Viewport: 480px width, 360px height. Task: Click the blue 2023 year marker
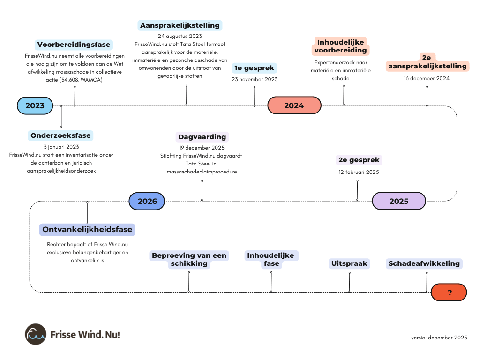[34, 105]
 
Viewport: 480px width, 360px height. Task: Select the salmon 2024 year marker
[294, 105]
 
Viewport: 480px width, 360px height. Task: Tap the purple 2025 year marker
[399, 201]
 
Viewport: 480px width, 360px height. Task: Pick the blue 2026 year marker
[147, 201]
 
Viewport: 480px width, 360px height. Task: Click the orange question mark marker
[449, 292]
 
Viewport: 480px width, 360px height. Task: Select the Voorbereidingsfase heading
[74, 45]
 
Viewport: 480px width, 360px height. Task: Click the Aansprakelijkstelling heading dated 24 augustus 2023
[180, 25]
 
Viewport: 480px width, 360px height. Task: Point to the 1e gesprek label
[255, 68]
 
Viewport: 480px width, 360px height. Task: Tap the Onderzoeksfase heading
[61, 135]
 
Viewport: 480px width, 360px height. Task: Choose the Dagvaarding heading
[202, 137]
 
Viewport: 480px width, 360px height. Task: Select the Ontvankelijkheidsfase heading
[87, 230]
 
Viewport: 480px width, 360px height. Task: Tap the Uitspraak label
[349, 263]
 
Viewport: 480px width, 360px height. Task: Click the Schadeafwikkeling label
[424, 263]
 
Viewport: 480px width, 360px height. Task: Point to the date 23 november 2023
[255, 79]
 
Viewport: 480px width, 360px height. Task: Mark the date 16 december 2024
[427, 78]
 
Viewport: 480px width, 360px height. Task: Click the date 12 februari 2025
[359, 172]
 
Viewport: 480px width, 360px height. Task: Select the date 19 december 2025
[202, 148]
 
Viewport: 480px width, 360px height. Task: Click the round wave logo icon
[36, 334]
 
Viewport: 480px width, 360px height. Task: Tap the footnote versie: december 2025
[439, 337]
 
